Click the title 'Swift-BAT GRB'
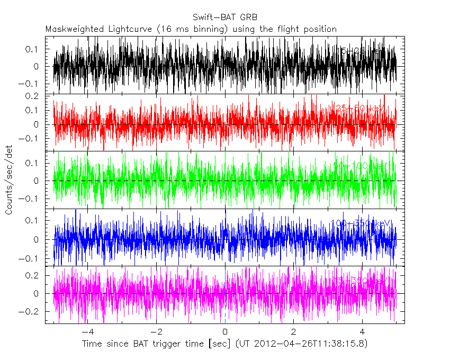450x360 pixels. click(x=225, y=16)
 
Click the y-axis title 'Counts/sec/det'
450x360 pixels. click(x=9, y=181)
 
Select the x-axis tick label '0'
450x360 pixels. click(x=225, y=332)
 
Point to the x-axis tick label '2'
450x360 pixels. click(x=294, y=332)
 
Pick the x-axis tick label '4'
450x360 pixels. click(x=362, y=332)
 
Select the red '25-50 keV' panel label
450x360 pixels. click(x=359, y=109)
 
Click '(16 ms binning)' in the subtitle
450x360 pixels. click(x=192, y=29)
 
